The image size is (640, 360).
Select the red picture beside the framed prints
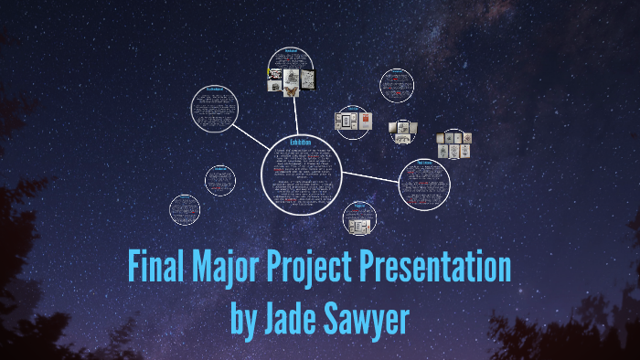click(x=367, y=121)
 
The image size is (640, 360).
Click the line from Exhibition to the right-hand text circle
click(x=370, y=175)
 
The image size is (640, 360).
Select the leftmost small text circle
click(x=185, y=208)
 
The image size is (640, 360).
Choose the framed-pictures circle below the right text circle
click(x=359, y=220)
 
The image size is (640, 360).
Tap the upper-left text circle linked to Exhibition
click(x=215, y=110)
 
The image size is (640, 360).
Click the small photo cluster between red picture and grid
click(x=402, y=131)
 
